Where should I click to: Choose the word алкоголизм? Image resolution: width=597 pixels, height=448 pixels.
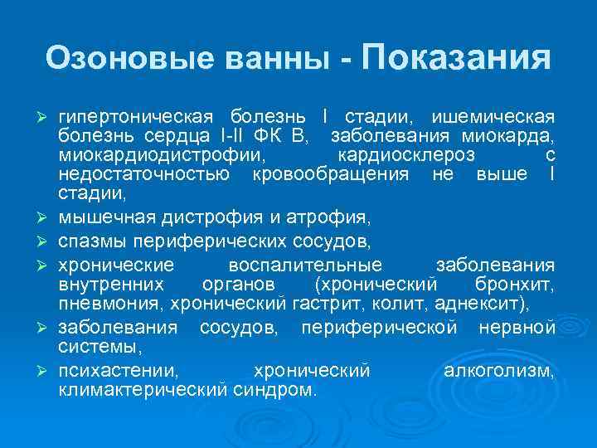[500, 370]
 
